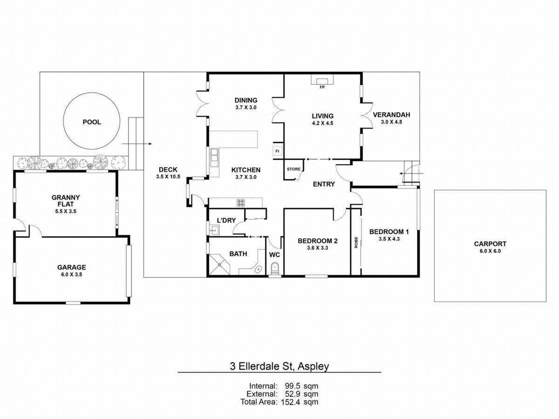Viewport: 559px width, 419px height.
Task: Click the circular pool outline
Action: coord(92,122)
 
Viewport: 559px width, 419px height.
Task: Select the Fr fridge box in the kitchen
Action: coord(277,151)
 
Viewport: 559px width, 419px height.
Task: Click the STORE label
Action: coord(293,169)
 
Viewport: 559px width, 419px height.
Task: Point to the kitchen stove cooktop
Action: coord(242,203)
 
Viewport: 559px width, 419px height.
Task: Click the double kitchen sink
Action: coord(215,157)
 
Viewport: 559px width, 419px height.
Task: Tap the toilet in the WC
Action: coord(274,269)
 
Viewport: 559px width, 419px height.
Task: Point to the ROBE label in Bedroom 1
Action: coord(356,243)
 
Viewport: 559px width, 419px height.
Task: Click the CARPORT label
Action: coord(490,243)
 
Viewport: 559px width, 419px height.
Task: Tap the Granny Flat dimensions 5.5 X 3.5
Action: coord(66,211)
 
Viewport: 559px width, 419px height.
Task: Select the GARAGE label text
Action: coord(71,267)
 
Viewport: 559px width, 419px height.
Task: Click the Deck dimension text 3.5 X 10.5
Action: coord(168,177)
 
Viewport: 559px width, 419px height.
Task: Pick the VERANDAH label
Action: coord(391,115)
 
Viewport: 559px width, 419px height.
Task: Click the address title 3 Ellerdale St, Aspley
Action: coord(279,366)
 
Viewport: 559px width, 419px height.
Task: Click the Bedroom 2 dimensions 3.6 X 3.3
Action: coord(317,249)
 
